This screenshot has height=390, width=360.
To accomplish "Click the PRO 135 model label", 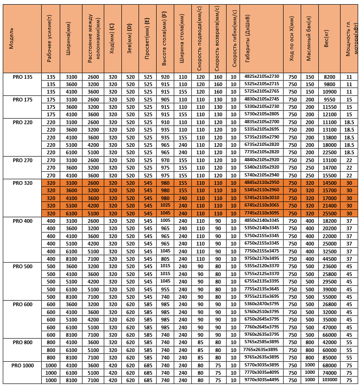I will pyautogui.click(x=22, y=77).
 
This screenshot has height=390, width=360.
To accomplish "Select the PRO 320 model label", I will pyautogui.click(x=22, y=183).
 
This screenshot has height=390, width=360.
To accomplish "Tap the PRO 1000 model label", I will pyautogui.click(x=22, y=365).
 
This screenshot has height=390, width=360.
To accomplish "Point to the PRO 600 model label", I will pyautogui.click(x=22, y=304).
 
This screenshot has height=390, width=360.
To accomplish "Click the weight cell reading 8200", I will pyautogui.click(x=329, y=77).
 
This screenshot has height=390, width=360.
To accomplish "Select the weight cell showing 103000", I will pyautogui.click(x=329, y=380).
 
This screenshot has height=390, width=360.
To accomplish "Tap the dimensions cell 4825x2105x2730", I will pyautogui.click(x=262, y=77).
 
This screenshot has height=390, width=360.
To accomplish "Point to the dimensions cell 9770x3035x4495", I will pyautogui.click(x=262, y=380).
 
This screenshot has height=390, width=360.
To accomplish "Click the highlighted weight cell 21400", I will pyautogui.click(x=329, y=206).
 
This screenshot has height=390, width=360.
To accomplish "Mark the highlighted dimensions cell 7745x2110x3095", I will pyautogui.click(x=262, y=213).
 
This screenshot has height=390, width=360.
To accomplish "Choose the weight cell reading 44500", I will pyautogui.click(x=329, y=259).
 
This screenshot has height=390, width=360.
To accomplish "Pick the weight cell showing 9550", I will pyautogui.click(x=329, y=100).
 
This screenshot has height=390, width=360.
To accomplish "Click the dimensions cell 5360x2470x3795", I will pyautogui.click(x=262, y=304).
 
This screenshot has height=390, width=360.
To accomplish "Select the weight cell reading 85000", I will pyautogui.click(x=329, y=358).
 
